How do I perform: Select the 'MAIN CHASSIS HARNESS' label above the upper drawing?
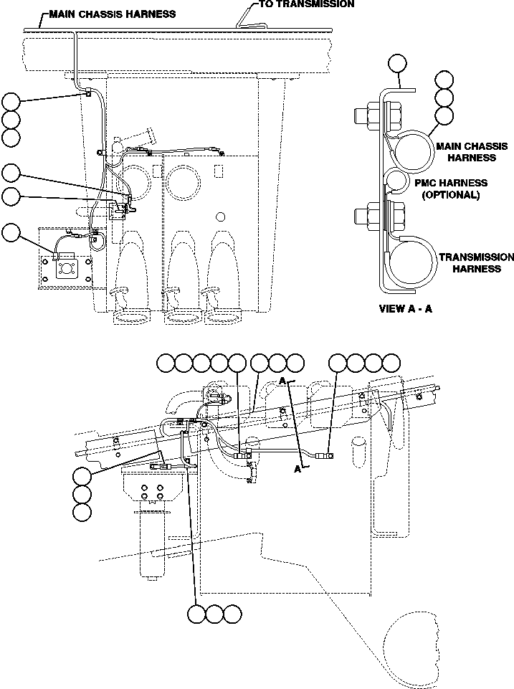(x=112, y=14)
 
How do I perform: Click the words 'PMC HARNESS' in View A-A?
(x=452, y=184)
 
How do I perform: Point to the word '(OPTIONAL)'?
(x=452, y=195)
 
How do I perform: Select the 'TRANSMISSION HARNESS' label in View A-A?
(x=466, y=263)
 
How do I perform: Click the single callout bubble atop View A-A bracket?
(x=398, y=64)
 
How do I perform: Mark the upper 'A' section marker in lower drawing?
(x=283, y=381)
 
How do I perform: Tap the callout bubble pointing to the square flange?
(x=11, y=232)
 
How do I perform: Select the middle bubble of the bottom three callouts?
(x=214, y=614)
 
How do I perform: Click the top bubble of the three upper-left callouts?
(x=11, y=101)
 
